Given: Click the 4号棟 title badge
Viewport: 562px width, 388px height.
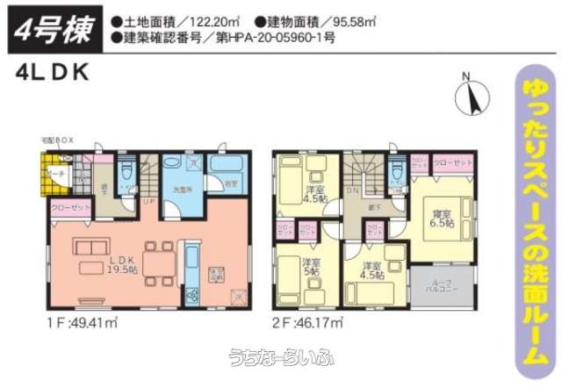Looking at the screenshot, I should [54, 29].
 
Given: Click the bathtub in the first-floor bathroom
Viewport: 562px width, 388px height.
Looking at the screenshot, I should [231, 167].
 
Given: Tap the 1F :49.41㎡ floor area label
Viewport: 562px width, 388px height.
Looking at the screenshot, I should [83, 323].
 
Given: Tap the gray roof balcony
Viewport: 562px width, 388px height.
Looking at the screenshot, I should [435, 284].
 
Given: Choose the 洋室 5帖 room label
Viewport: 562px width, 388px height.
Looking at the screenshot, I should [309, 265].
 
